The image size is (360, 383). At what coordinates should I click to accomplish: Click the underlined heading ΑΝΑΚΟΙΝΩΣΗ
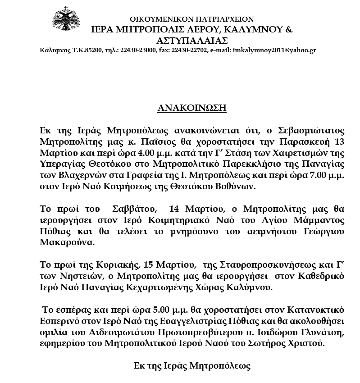[x=191, y=108]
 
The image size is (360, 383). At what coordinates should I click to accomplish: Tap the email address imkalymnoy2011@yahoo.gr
[x=274, y=50]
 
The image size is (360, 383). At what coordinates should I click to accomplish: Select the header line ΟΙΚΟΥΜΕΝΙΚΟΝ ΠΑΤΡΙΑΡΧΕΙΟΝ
[x=191, y=19]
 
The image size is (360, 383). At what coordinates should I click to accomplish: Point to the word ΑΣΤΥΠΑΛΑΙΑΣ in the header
[x=192, y=40]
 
